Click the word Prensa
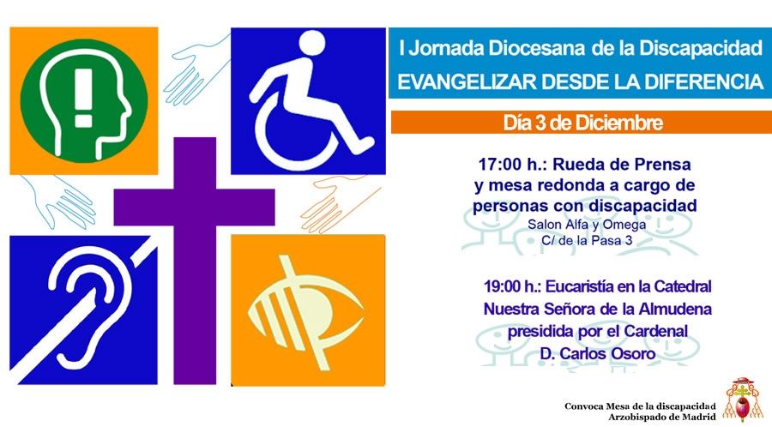(x=659, y=162)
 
